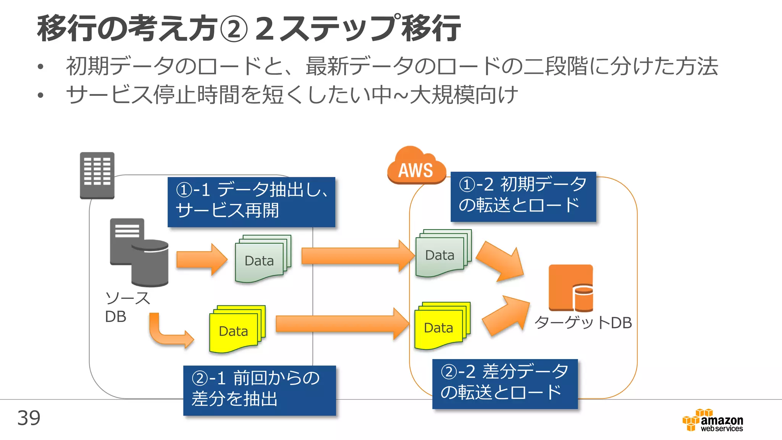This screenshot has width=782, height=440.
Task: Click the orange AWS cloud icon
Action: tap(416, 166)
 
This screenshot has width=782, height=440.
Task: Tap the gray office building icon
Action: tap(97, 175)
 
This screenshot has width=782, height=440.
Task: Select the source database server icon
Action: tap(139, 252)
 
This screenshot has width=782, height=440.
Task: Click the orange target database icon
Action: tap(571, 288)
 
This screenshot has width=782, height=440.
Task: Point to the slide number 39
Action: tap(29, 418)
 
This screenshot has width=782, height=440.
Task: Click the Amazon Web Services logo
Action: tap(713, 421)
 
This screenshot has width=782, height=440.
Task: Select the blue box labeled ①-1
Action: tap(251, 202)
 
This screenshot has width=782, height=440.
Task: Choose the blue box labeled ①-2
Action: tap(523, 196)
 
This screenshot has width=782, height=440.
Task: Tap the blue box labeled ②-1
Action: tap(259, 390)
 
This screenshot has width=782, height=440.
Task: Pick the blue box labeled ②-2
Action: tap(505, 383)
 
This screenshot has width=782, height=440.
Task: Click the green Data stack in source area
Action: tap(263, 259)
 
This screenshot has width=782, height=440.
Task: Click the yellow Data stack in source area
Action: tap(237, 329)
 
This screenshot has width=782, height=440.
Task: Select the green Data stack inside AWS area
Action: tap(443, 253)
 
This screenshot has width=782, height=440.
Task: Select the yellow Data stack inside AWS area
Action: tap(442, 326)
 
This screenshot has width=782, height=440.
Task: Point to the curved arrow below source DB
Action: tap(168, 332)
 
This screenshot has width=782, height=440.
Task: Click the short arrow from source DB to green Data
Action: tap(201, 259)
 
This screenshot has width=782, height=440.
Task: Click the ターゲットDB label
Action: tap(583, 323)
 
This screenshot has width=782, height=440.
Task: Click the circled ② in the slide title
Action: tap(234, 29)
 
